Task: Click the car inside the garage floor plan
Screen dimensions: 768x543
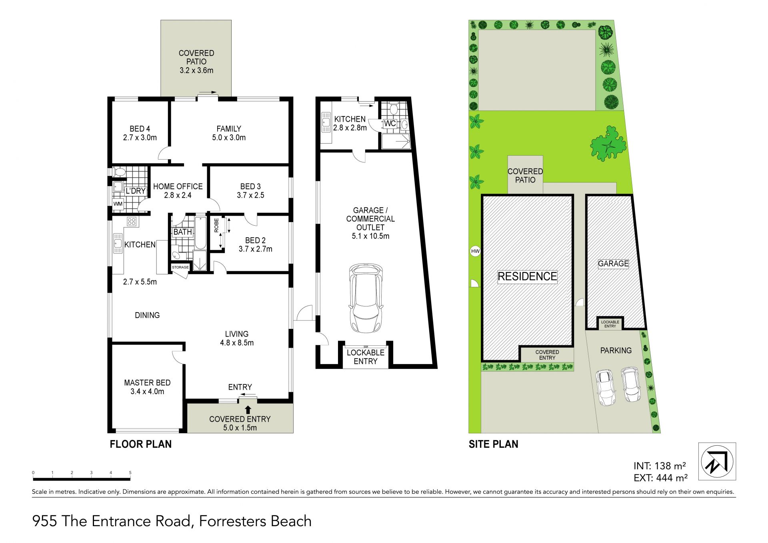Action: coord(366,298)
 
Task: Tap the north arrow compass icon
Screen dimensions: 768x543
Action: coord(717,461)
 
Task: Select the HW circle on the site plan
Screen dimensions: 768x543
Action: coord(475,251)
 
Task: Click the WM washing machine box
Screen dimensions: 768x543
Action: coord(118,204)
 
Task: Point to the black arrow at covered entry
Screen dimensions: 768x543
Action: coord(248,410)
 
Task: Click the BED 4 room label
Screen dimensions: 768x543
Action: coord(140,129)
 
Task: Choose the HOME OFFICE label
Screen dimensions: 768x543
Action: coord(178,186)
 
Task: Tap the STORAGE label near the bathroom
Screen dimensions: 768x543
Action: coord(180,267)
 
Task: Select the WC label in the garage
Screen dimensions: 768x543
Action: coord(390,123)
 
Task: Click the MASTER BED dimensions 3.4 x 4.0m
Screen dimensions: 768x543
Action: coord(147,391)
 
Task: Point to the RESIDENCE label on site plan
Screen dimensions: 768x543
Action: coord(527,277)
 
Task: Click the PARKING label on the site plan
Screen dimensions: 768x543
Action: coord(616,351)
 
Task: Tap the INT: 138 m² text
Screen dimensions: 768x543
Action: coord(660,466)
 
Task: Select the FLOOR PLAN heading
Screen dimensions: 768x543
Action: coord(141,444)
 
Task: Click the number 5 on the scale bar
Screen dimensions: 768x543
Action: coord(130,473)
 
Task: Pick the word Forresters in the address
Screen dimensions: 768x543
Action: coord(233,521)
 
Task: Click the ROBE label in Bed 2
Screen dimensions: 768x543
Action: coord(216,225)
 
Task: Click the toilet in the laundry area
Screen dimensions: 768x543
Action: coord(119,172)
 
